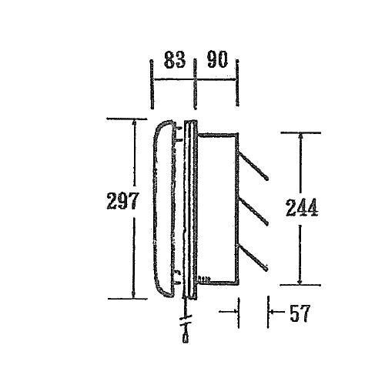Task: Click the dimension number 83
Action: click(175, 60)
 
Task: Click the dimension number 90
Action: click(217, 59)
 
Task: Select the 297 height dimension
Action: click(122, 200)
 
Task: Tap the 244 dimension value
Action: click(302, 207)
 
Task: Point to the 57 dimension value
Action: click(300, 313)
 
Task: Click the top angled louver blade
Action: click(253, 166)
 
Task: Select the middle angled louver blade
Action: click(253, 213)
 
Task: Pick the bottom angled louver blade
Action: click(253, 257)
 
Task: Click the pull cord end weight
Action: click(186, 338)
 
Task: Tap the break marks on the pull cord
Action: click(186, 320)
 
